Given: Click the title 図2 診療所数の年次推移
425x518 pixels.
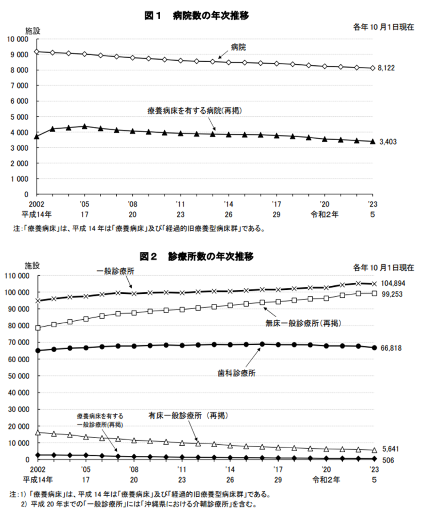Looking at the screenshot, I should pos(199,256).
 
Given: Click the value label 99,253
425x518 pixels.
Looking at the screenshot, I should pos(393,294).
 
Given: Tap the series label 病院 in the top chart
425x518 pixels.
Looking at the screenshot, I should pos(238,47).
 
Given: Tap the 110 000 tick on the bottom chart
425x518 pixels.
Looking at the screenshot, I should pos(17,276).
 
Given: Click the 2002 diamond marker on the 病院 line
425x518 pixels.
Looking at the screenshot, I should pos(36,52).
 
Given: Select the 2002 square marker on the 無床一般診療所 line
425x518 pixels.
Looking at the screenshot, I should pos(38,328).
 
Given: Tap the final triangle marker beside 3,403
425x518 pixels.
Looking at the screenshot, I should pos(373,142).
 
